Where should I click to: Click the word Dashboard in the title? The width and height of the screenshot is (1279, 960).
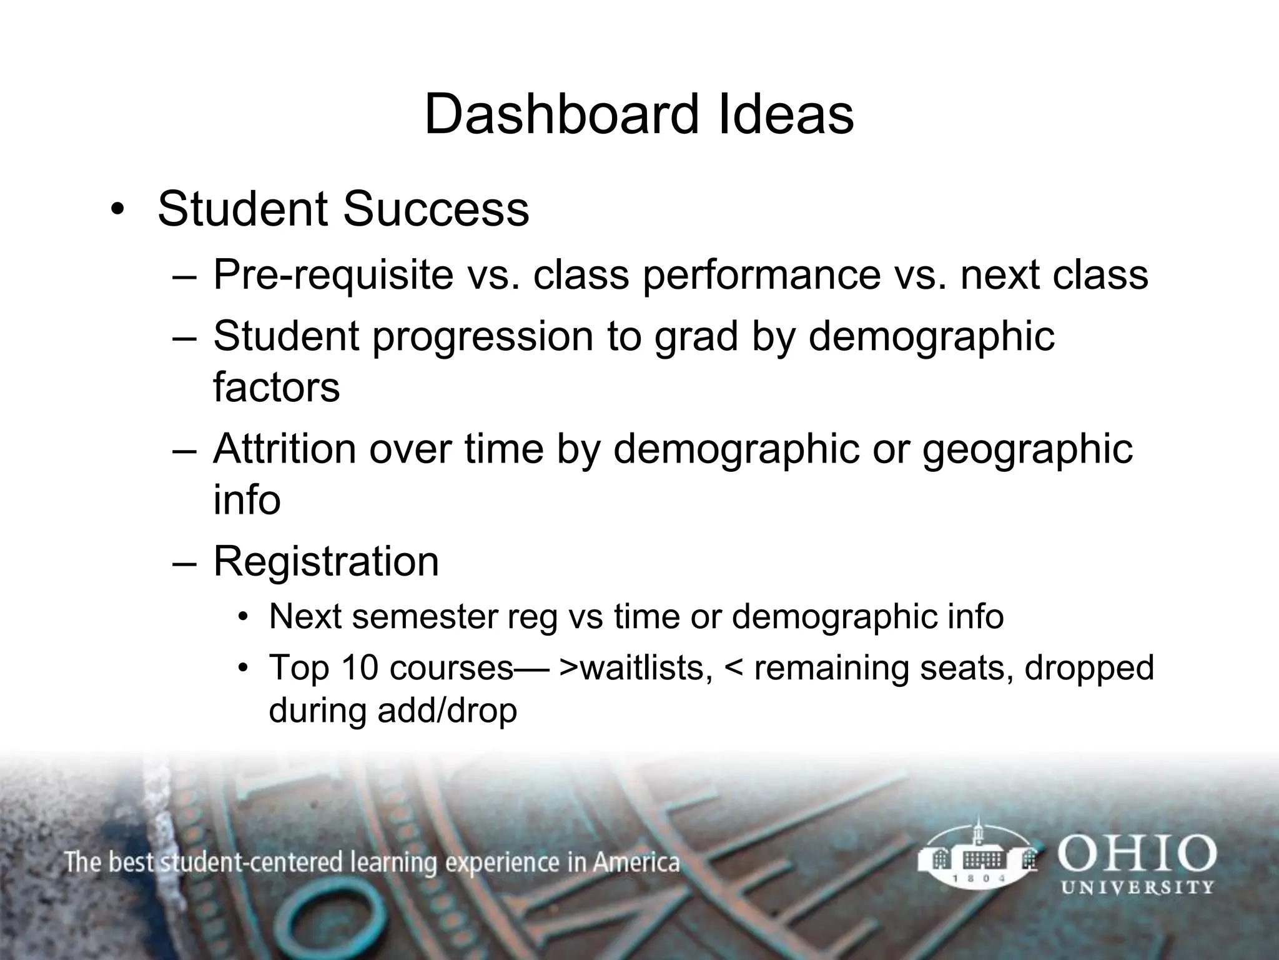(x=560, y=114)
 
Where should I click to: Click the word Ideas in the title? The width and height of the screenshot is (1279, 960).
(x=786, y=114)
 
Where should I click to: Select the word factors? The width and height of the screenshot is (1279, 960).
(x=276, y=387)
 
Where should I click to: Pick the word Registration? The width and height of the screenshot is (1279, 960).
(x=326, y=561)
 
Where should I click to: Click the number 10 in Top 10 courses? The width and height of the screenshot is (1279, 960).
(x=360, y=667)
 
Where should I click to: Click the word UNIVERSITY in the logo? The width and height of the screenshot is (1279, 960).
(x=1137, y=887)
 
